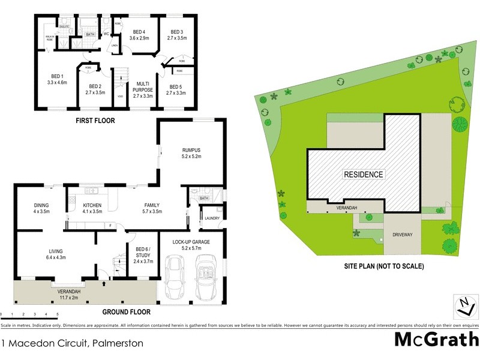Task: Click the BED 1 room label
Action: click(58, 76)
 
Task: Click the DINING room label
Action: click(41, 206)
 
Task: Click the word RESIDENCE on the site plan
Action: click(363, 175)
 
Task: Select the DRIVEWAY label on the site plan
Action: click(403, 235)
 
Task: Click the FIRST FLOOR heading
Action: click(95, 121)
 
